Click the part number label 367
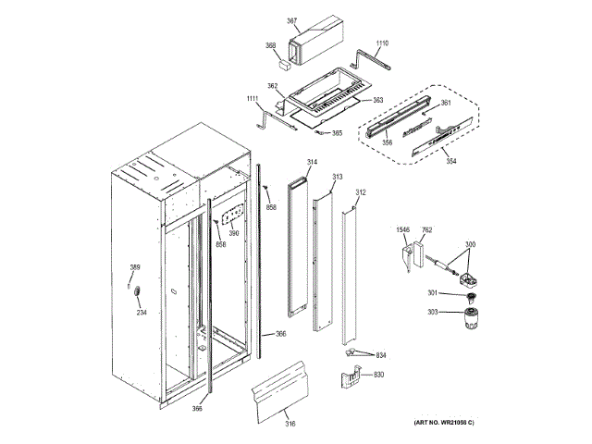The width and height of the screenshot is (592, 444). pos(291,20)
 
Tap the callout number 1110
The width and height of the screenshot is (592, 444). pos(382,43)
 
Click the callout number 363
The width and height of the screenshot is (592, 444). pos(377,99)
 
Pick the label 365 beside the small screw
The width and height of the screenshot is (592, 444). pos(337,133)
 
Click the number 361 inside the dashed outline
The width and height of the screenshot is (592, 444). pos(445,103)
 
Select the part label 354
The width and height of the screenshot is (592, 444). pos(450,161)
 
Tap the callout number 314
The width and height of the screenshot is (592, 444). pos(312,163)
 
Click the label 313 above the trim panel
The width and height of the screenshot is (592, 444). pos(337,176)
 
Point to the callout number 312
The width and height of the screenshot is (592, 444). pos(361,192)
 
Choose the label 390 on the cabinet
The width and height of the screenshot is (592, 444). pos(234,233)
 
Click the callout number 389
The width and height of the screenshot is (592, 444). pos(134,268)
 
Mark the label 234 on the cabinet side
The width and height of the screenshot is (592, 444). pos(142,312)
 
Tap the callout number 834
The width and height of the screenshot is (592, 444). pos(380,356)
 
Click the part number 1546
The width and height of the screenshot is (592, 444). pos(403,229)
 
